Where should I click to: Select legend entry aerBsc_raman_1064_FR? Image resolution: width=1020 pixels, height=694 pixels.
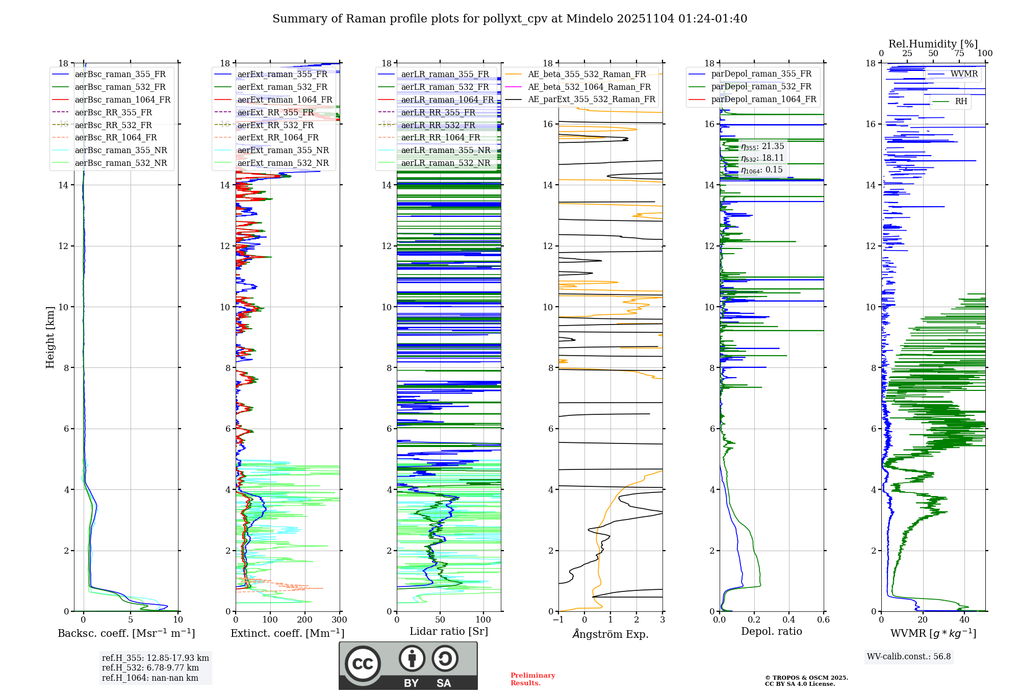point(122,100)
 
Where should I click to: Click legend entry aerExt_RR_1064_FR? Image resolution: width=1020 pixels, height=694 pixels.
point(278,137)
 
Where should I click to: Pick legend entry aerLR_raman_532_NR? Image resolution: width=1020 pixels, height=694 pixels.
point(445,163)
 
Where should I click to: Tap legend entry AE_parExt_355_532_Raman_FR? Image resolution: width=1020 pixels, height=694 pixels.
point(592,99)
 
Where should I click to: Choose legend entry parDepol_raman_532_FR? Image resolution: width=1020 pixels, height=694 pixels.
point(761,86)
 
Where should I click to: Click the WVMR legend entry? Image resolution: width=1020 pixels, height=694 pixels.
point(964,74)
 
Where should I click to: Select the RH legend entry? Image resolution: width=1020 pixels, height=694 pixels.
point(961,102)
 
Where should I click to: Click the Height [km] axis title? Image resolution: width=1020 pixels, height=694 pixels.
point(50,337)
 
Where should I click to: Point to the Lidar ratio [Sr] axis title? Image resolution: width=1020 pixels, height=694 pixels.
point(449,631)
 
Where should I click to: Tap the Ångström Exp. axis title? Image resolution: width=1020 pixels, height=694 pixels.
point(610,634)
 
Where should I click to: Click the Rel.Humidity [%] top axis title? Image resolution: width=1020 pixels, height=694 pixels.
point(933,44)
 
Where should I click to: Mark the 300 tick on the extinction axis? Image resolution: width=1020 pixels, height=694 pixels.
point(339,620)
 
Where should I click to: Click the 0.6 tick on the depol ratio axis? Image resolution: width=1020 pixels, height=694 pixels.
point(823,620)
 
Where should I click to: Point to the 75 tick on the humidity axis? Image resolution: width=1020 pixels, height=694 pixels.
point(959,54)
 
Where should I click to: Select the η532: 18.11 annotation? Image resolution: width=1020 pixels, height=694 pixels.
point(762,158)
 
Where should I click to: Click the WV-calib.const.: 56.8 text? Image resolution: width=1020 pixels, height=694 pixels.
point(909,656)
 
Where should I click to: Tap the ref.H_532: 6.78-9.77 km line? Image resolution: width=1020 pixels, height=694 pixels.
point(150,667)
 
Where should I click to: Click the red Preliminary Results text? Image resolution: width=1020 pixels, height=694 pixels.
point(532,679)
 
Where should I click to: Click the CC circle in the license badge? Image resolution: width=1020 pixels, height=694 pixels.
point(363,663)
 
